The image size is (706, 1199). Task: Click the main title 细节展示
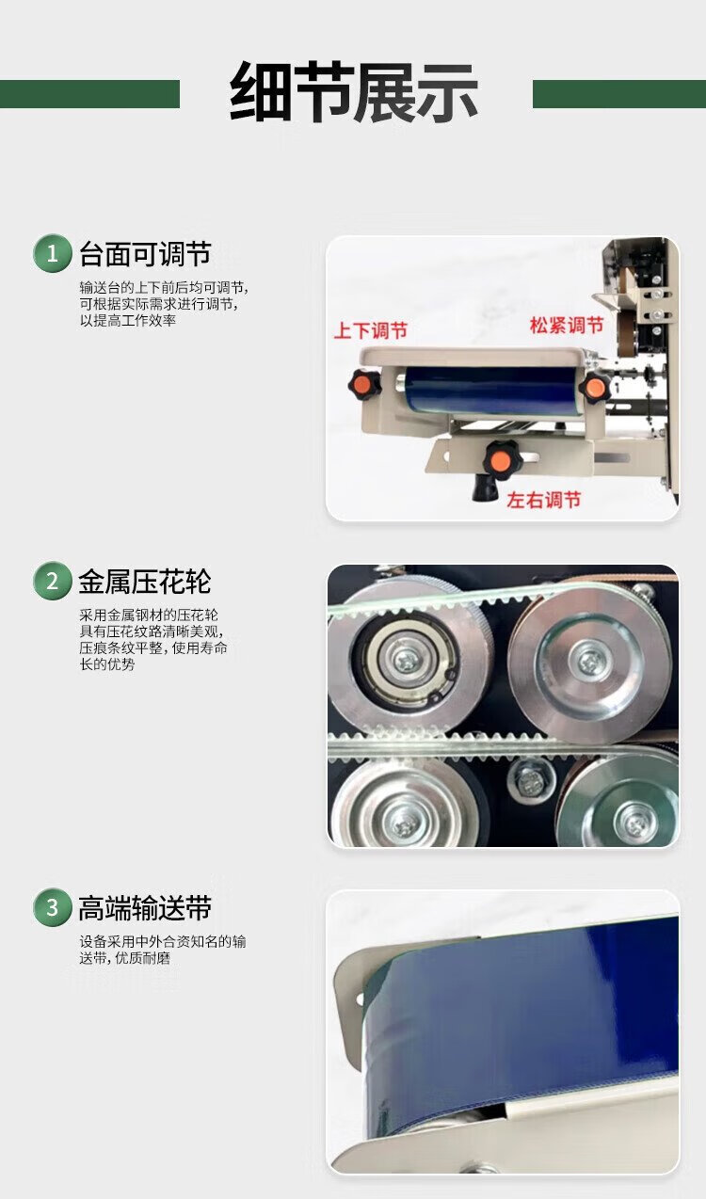point(353,92)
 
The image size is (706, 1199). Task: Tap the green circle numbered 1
point(52,253)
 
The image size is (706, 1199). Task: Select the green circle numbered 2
point(52,581)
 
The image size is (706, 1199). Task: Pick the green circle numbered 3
point(52,907)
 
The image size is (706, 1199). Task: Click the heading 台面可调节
point(145,254)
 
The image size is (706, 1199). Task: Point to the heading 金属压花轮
point(145,582)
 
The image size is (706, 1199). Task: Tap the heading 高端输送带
point(145,908)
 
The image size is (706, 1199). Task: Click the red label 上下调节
point(370,330)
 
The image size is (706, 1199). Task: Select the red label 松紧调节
point(567,325)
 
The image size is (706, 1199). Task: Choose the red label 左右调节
point(544,500)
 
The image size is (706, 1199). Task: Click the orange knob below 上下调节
point(364,382)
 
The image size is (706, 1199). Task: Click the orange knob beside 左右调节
point(500,458)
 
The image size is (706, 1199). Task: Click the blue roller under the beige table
point(489,391)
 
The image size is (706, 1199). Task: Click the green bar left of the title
point(89,94)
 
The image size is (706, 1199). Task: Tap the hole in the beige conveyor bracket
point(361,998)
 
